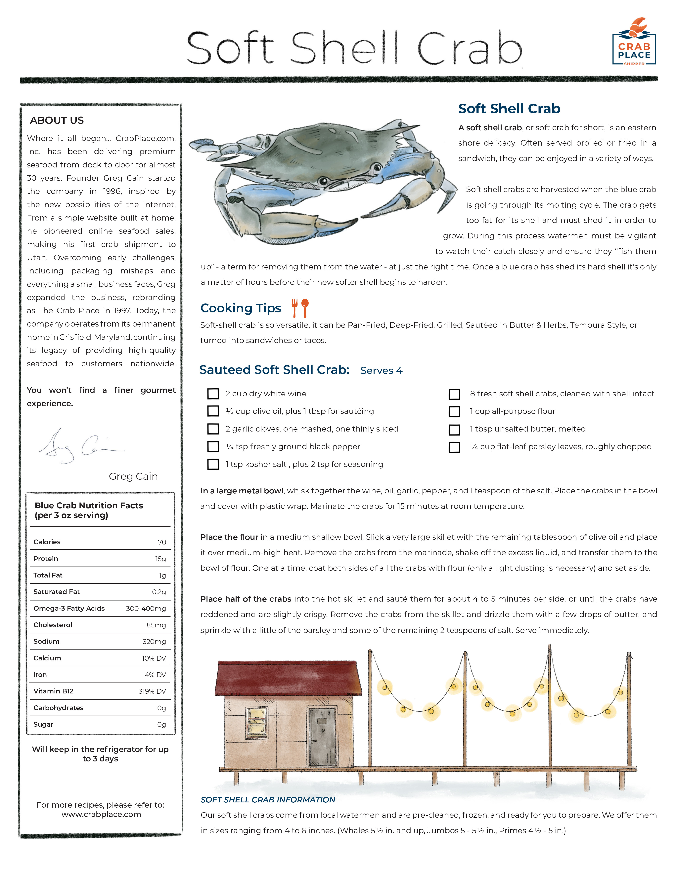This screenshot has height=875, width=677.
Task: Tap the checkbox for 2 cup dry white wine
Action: point(213,394)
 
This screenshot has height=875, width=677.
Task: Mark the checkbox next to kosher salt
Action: point(213,464)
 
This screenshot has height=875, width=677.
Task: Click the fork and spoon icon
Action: point(300,308)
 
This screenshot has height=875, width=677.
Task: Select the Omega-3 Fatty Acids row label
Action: point(69,608)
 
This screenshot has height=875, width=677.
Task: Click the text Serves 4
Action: point(381,371)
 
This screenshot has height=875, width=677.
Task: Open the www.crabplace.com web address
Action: point(101,814)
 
